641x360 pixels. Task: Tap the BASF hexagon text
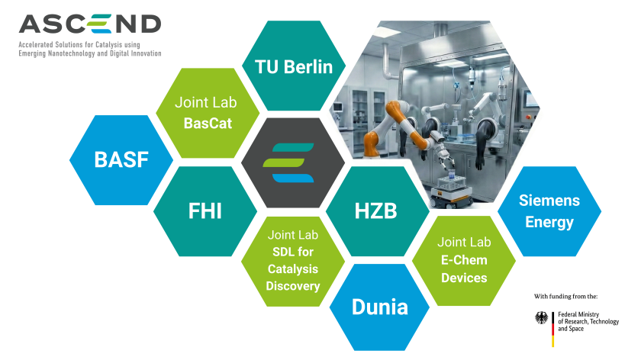121,160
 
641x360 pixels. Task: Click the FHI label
205,211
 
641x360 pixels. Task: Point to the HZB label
376,211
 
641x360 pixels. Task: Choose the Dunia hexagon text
379,307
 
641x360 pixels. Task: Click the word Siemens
549,201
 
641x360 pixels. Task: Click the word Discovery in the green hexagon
293,286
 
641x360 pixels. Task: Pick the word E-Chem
464,260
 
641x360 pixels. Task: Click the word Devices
464,278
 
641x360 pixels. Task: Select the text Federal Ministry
579,314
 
